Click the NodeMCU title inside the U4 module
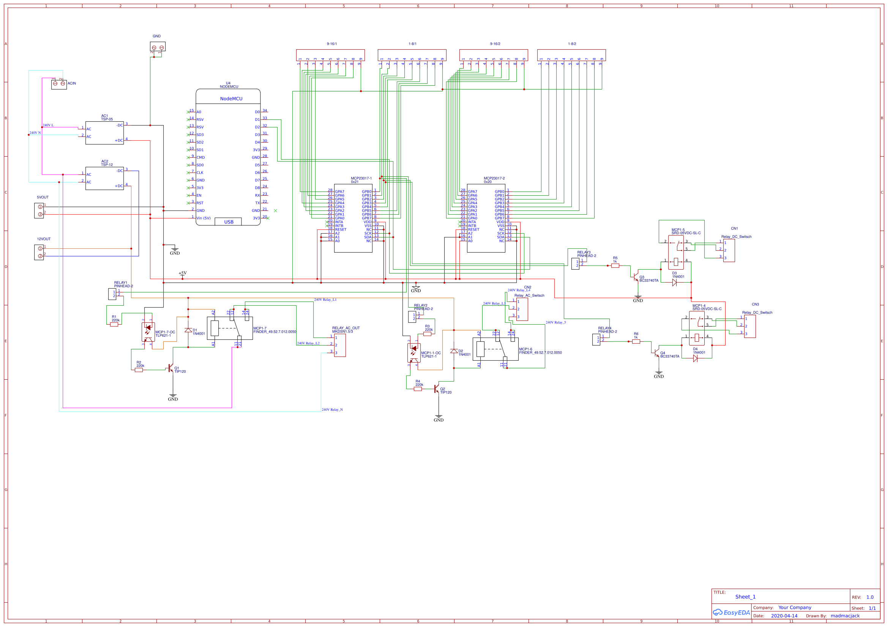click(231, 99)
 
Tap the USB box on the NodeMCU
click(228, 222)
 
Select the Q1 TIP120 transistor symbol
click(170, 368)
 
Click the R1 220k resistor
click(114, 325)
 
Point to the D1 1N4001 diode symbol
click(188, 330)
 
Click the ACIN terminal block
click(59, 83)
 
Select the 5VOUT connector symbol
click(39, 211)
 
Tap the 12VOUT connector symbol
click(39, 252)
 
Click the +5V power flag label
click(183, 273)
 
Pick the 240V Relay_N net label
click(332, 410)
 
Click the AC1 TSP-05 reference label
click(107, 118)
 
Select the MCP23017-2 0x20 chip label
click(494, 180)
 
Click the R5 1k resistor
click(615, 266)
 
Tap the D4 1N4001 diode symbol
click(696, 358)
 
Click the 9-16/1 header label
click(331, 44)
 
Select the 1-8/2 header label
click(572, 44)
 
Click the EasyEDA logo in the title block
click(731, 613)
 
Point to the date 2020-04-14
click(784, 616)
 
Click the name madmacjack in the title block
click(845, 616)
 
